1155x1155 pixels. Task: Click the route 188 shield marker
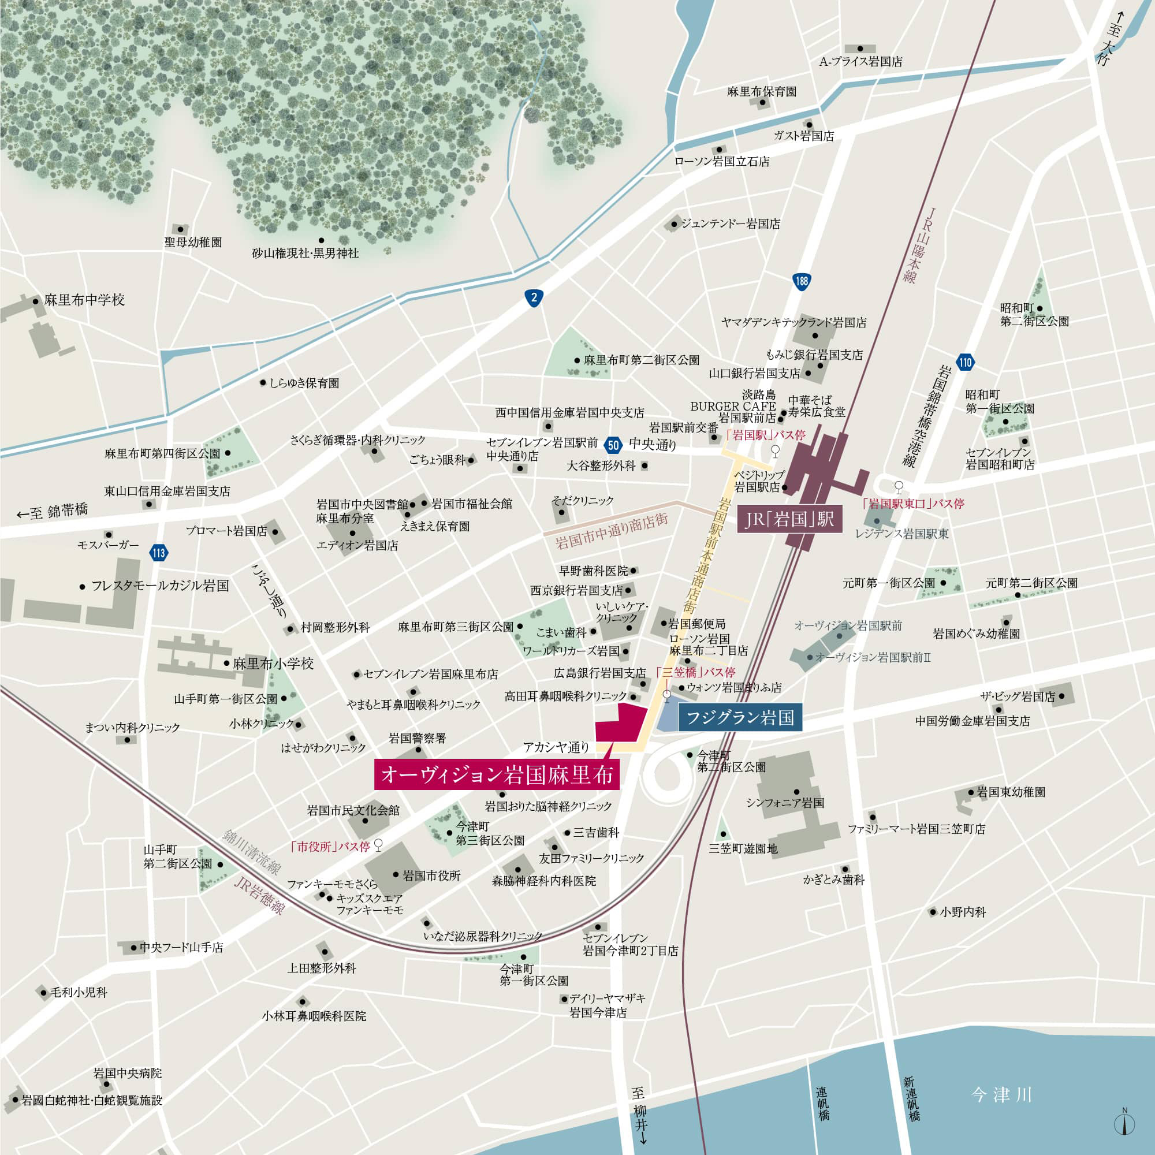pyautogui.click(x=802, y=281)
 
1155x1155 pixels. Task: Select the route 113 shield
pyautogui.click(x=158, y=553)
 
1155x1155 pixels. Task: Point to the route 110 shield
pyautogui.click(x=965, y=362)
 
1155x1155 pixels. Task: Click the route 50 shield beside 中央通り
pyautogui.click(x=612, y=444)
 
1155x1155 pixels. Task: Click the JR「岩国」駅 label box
pyautogui.click(x=789, y=519)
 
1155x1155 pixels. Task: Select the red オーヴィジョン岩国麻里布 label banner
pyautogui.click(x=497, y=775)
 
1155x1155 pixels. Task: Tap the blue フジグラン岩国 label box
pyautogui.click(x=740, y=717)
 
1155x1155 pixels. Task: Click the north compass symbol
pyautogui.click(x=1124, y=1124)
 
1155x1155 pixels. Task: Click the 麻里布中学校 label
pyautogui.click(x=84, y=300)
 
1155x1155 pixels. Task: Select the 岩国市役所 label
pyautogui.click(x=431, y=876)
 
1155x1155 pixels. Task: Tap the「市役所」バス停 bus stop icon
pyautogui.click(x=378, y=845)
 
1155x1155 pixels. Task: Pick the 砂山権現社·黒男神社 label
pyautogui.click(x=305, y=254)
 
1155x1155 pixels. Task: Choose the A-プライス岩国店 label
pyautogui.click(x=861, y=62)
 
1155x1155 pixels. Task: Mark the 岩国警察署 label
pyautogui.click(x=418, y=738)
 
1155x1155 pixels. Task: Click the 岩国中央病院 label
pyautogui.click(x=127, y=1073)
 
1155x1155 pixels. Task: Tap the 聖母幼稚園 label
pyautogui.click(x=193, y=242)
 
